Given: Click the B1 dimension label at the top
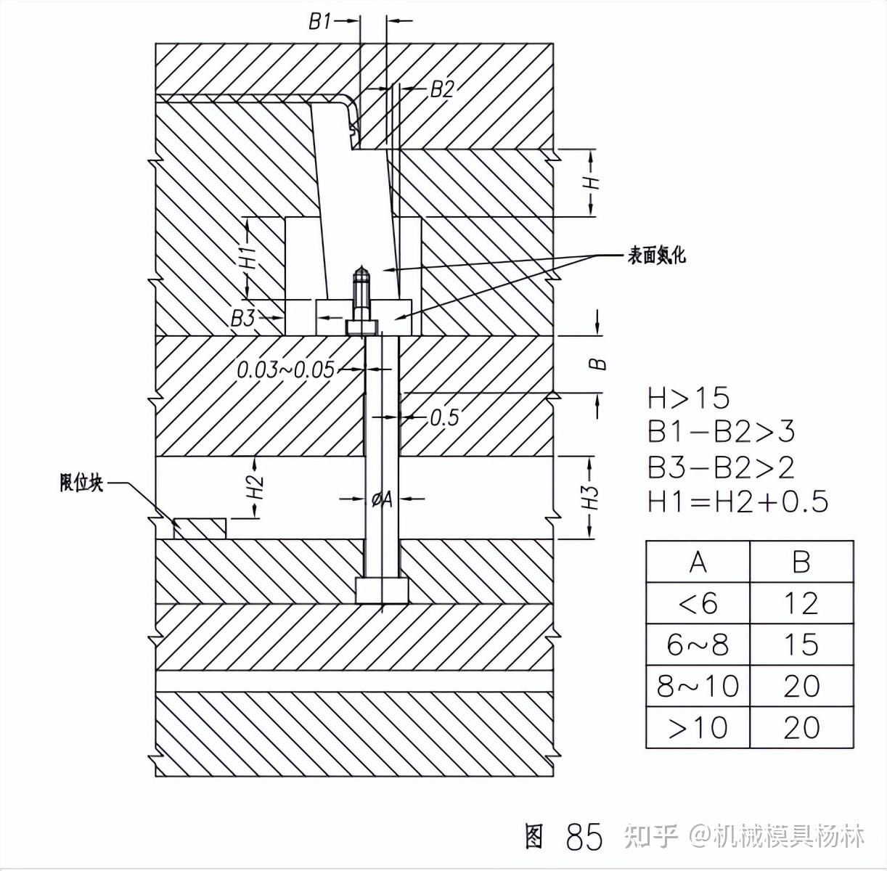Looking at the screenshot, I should pos(319,22).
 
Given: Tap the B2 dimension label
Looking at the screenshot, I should pos(441,89).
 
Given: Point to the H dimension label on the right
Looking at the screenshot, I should pos(593,181).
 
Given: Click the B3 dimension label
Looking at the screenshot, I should pos(242,318).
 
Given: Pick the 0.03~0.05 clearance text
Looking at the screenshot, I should pos(286,370).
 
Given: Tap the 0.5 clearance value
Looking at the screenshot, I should pos(444,417).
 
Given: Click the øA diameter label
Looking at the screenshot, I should pos(383,499).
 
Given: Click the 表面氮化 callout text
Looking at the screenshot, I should pos(656,255).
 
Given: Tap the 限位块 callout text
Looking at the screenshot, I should pos(81,483).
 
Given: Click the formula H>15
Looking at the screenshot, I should pos(688,398).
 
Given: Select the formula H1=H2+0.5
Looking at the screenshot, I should pos(737,502).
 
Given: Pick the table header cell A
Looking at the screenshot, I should pos(698,562).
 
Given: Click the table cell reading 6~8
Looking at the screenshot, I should pos(698,645).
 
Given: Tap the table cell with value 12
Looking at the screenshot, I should pos(801,603).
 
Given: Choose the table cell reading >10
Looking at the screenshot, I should pos(698,727).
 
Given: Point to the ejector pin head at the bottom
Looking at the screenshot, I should pos(382,590).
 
